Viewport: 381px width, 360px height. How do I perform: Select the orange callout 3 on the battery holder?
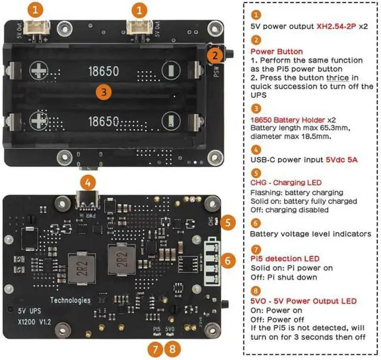(x=104, y=92)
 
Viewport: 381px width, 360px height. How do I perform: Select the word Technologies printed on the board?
(x=70, y=300)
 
